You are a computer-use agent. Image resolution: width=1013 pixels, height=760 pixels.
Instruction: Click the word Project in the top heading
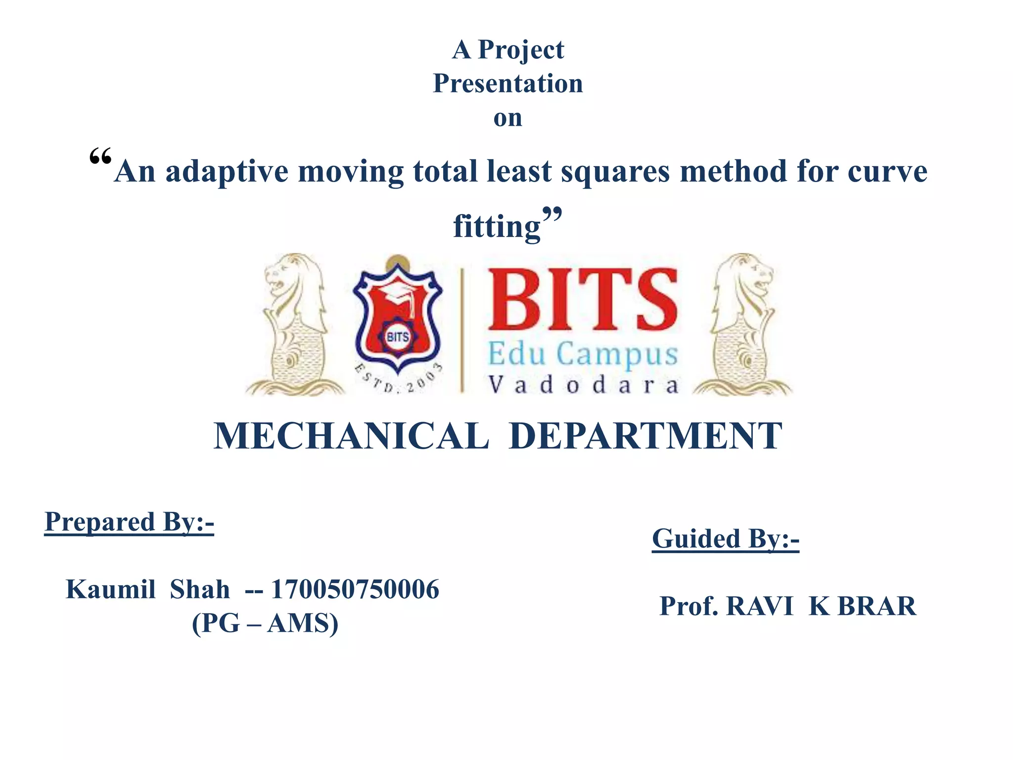(x=521, y=50)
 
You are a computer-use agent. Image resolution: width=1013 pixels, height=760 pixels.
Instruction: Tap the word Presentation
(x=508, y=84)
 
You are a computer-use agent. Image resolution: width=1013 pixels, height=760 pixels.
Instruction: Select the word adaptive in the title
(x=227, y=172)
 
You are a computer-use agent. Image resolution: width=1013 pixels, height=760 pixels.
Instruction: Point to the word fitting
(x=497, y=227)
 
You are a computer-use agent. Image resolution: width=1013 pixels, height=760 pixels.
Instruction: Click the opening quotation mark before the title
(x=100, y=158)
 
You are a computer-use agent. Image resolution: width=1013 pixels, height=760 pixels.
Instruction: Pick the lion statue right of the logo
(x=742, y=325)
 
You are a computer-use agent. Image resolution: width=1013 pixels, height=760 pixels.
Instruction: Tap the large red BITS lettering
(x=583, y=300)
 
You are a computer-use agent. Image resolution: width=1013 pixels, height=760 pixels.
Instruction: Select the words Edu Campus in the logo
(x=583, y=354)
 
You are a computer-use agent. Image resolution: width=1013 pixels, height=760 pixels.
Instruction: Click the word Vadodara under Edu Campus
(x=583, y=385)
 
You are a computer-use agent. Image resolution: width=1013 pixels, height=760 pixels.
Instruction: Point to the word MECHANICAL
(x=351, y=436)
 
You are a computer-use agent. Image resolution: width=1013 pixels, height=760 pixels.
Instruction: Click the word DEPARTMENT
(x=645, y=436)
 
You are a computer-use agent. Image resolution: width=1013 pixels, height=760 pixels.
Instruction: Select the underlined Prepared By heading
(x=129, y=522)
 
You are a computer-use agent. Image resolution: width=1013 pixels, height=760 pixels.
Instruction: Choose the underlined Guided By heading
(x=726, y=539)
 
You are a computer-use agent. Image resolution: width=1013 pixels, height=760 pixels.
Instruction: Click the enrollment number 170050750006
(x=355, y=590)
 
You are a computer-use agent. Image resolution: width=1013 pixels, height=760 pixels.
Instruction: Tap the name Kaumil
(x=111, y=590)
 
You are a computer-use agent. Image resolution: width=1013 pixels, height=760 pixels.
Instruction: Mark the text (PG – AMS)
(x=265, y=623)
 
